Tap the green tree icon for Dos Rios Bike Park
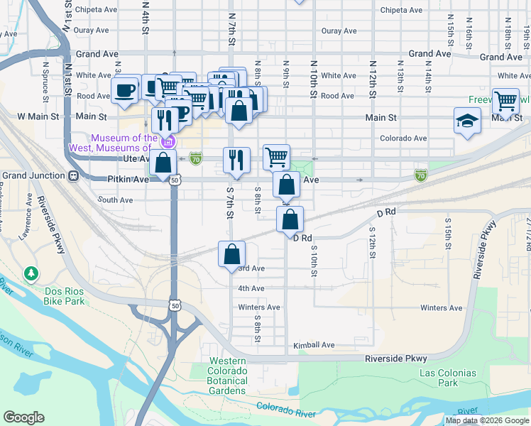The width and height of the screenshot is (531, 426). pos(31,273)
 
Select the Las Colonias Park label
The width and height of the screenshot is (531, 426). pos(448,378)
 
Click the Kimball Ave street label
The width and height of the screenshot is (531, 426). pos(314,345)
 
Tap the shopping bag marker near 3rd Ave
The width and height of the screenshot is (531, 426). pos(231,254)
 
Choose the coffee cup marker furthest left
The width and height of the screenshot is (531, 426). pos(126,90)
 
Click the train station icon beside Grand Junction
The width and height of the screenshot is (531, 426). pos(72,175)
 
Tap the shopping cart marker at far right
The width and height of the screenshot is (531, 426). pos(505,101)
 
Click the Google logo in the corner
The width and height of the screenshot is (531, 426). pos(23,417)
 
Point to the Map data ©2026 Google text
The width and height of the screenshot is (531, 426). pos(486,420)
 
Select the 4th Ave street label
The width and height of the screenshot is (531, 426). pos(251,288)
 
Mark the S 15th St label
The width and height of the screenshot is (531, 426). pos(448,230)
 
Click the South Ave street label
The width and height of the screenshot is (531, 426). pos(116,200)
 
